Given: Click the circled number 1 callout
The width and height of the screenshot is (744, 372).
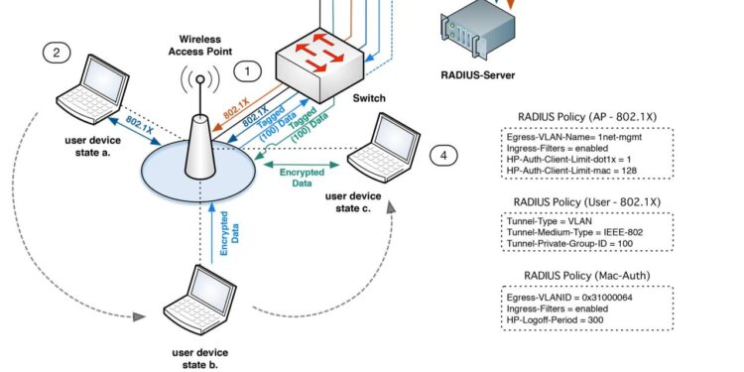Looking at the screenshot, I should pos(248,71).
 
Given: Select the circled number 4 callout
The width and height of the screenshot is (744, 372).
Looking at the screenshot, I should pos(443,155).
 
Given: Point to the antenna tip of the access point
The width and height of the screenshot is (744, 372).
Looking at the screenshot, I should pos(198,79).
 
